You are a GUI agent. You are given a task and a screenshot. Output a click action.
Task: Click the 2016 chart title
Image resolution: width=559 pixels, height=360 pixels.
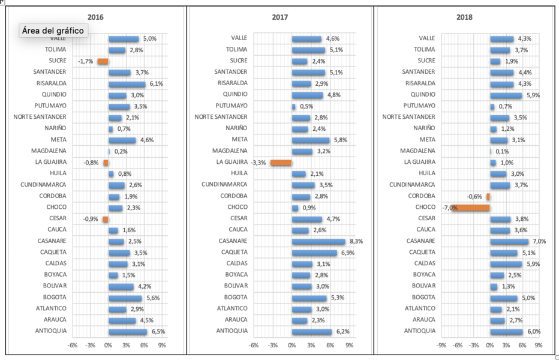[x=95, y=17]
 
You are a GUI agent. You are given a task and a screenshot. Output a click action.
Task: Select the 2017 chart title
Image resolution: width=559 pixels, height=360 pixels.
[x=279, y=17]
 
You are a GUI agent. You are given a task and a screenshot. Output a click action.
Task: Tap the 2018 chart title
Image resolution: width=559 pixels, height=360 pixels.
[x=464, y=17]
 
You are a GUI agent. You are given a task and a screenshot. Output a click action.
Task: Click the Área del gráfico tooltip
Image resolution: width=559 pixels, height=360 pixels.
[x=54, y=30]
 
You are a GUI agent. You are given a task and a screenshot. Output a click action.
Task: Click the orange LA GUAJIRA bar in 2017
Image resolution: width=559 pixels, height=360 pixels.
[x=281, y=163]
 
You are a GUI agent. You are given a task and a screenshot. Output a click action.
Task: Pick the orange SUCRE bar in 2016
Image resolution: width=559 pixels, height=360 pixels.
[x=103, y=61]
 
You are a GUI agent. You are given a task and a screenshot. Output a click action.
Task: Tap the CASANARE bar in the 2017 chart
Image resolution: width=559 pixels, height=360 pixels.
[x=318, y=241]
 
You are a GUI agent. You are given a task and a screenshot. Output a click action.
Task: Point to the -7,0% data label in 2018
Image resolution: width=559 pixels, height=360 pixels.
[x=449, y=208]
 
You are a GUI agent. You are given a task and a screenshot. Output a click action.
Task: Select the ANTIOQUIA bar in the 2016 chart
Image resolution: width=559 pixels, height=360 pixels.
[x=127, y=331]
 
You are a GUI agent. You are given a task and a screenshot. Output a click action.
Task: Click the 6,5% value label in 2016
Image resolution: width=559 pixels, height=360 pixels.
[x=157, y=331]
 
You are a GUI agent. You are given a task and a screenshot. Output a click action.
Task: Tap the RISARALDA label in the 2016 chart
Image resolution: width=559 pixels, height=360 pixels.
[x=51, y=83]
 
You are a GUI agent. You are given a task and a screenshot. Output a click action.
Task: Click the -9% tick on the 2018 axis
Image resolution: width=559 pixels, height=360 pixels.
[x=441, y=346]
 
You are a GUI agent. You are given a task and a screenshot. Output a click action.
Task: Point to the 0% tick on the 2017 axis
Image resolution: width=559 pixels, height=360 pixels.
[x=291, y=346]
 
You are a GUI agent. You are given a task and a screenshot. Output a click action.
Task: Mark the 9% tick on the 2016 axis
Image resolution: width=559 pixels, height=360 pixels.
[x=162, y=346]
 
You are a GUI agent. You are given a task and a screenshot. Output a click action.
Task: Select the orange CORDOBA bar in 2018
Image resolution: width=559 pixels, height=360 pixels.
[x=488, y=196]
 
